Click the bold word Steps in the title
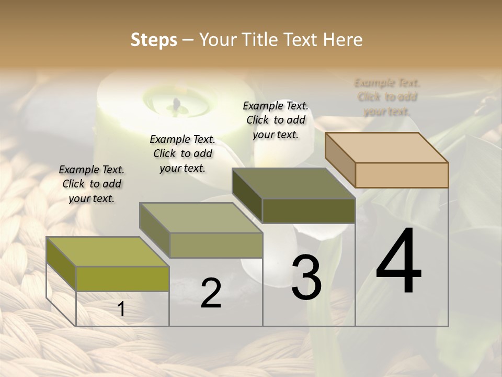point(154,40)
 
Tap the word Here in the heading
point(343,40)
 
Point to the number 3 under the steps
point(306,278)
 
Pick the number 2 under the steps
point(211,293)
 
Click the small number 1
point(121,309)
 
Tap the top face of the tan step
point(387,147)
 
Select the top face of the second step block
point(201,218)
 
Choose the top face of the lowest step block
point(108,252)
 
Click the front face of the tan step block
point(402,175)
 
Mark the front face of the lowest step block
point(122,279)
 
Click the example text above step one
point(92,184)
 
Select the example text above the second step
point(182,153)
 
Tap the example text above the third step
point(276,120)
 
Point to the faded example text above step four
point(387,97)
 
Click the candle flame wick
point(177,105)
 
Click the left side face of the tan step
point(340,160)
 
